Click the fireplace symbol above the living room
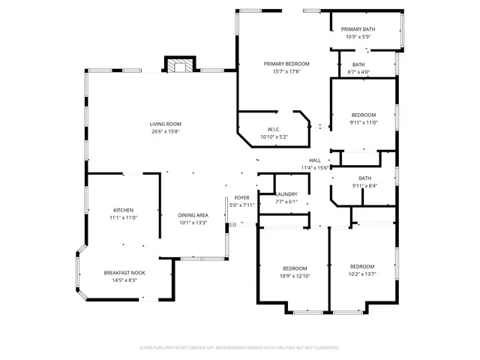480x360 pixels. [x=180, y=66]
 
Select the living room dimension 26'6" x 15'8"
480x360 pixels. [x=165, y=131]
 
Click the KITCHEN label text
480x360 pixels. [x=124, y=209]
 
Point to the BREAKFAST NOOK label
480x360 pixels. [x=124, y=272]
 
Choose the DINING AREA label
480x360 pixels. [x=193, y=215]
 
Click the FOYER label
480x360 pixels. [x=241, y=197]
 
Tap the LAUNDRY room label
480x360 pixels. [x=286, y=193]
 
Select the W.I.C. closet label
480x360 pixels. [x=274, y=129]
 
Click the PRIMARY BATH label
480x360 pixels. [x=360, y=29]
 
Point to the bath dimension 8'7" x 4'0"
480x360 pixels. [x=358, y=73]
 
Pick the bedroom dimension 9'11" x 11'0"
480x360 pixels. [x=364, y=122]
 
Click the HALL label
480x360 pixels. [x=315, y=160]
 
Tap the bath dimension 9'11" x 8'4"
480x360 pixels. [x=364, y=185]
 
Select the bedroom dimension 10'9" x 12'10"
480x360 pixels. [x=295, y=275]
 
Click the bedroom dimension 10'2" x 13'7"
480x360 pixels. [x=362, y=274]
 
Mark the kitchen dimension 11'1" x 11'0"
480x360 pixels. [x=124, y=217]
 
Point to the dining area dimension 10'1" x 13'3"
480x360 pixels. [x=193, y=223]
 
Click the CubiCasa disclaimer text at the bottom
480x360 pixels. [x=240, y=348]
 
